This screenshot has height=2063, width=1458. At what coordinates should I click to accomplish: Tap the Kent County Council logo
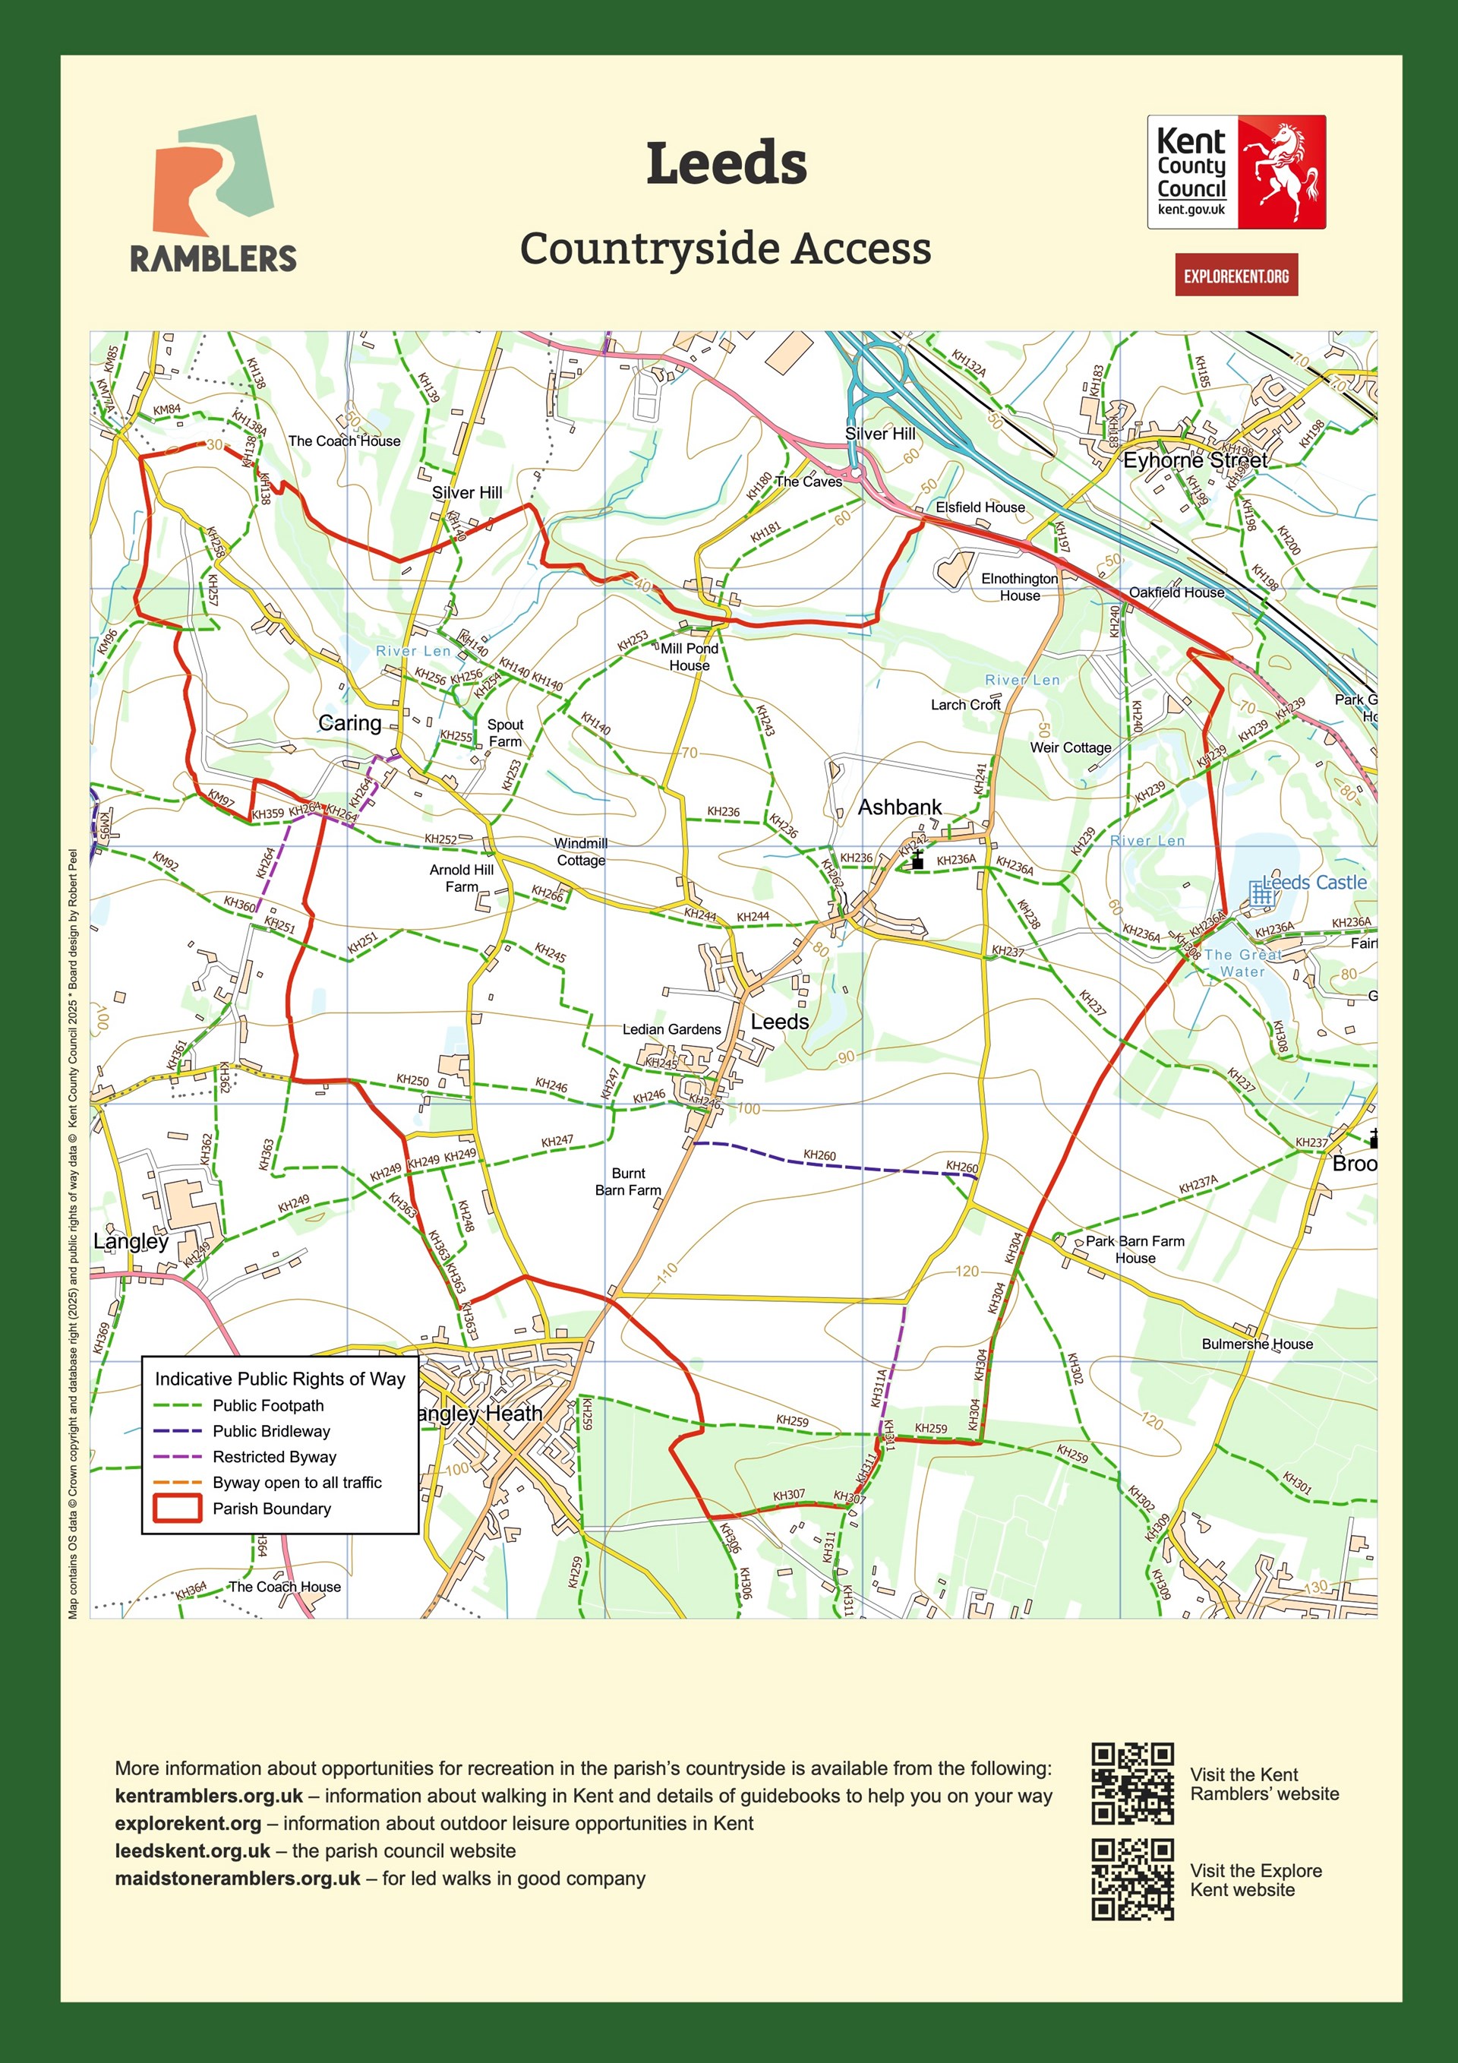[1236, 172]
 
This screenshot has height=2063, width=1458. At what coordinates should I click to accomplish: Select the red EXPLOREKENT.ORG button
[1236, 276]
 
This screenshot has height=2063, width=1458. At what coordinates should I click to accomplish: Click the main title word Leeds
[726, 163]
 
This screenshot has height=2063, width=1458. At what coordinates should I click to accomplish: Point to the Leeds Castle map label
[1314, 883]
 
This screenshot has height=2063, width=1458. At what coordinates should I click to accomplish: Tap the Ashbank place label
[899, 807]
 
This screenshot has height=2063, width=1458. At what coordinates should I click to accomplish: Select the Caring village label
[349, 723]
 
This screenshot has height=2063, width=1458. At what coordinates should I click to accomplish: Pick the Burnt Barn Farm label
[628, 1182]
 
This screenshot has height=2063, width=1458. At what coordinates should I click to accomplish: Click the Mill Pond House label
[689, 657]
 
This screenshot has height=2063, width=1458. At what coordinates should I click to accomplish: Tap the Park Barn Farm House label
[1135, 1249]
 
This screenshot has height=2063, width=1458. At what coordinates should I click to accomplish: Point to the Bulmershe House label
[1257, 1344]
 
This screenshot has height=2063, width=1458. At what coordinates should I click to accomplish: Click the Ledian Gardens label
[671, 1028]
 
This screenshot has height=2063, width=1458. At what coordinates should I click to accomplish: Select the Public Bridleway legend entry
[270, 1431]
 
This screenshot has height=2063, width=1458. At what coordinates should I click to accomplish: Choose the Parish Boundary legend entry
[270, 1509]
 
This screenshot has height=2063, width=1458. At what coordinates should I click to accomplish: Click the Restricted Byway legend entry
[274, 1457]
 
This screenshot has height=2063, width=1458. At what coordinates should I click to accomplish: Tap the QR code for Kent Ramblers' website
[1132, 1783]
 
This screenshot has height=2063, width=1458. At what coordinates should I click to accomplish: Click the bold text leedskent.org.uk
[192, 1851]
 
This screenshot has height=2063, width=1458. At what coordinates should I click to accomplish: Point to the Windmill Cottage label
[580, 851]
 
